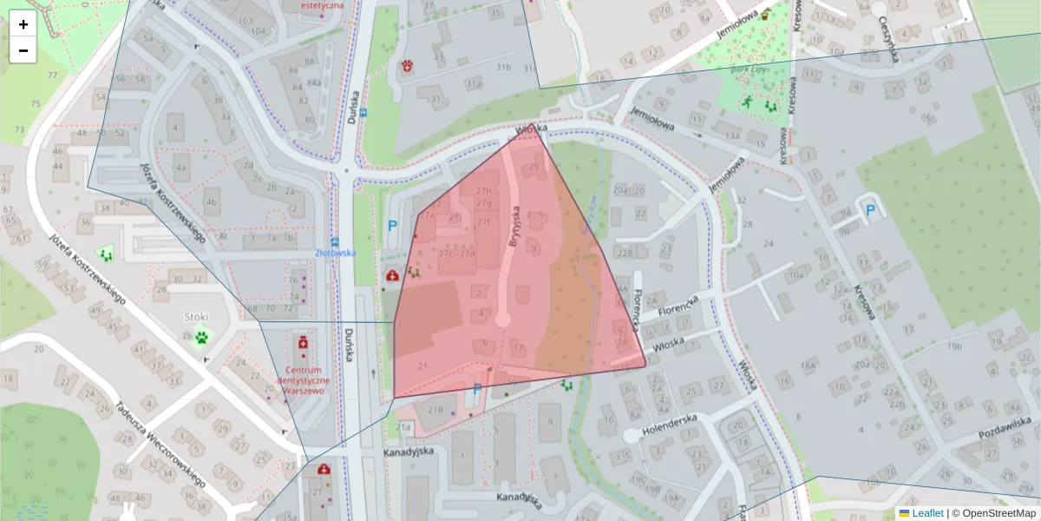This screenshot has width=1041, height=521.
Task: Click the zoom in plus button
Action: coord(23,24)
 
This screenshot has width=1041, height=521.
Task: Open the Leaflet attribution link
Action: coord(926,513)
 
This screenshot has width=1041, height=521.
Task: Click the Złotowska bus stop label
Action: coord(335,253)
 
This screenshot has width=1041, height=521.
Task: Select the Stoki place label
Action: coord(196,317)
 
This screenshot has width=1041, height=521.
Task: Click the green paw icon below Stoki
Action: coord(202,337)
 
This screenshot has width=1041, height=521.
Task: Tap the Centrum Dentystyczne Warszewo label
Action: coord(303,380)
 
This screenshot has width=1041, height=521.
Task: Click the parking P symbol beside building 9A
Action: coord(869,209)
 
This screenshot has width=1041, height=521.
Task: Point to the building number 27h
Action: coord(483,191)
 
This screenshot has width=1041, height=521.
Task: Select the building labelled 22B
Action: coord(625,253)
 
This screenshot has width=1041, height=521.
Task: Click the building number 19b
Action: coord(954,346)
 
